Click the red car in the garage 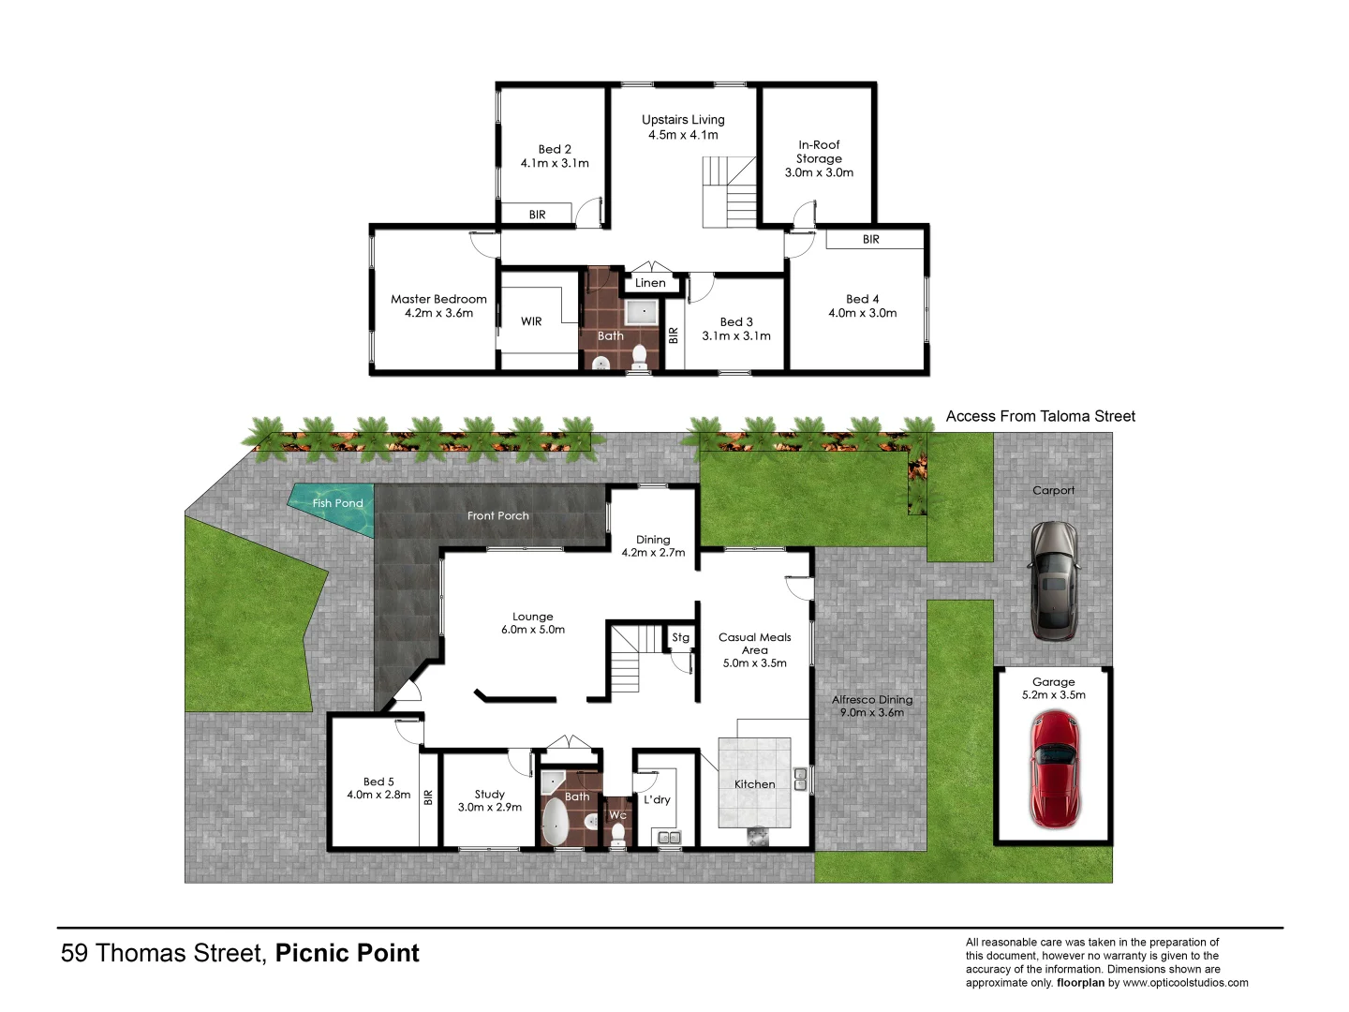1054,769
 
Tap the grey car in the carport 1054,580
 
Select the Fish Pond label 337,503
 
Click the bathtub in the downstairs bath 555,822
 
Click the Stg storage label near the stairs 680,637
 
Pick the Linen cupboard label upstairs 650,282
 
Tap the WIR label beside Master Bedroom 531,321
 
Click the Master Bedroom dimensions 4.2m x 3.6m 438,313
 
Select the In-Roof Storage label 819,152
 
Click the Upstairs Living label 683,119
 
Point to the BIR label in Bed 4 871,239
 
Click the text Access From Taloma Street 1040,416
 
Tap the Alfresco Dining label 872,699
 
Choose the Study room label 489,794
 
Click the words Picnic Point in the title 347,953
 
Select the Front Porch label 498,515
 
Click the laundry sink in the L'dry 668,837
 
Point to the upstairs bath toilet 640,356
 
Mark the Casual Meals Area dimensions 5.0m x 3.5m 754,662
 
